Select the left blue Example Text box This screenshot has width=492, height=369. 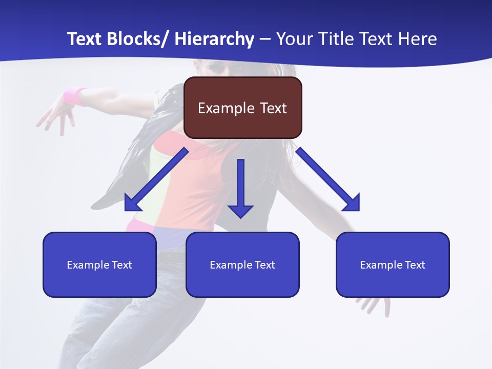click(x=99, y=264)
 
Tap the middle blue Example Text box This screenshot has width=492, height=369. click(x=242, y=264)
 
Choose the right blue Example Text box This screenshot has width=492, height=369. click(x=393, y=264)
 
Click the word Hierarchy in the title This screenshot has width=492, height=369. click(x=214, y=39)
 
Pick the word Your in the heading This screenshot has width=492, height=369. click(x=293, y=39)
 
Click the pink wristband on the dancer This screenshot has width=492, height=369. click(x=75, y=96)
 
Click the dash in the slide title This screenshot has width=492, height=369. click(x=265, y=39)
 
